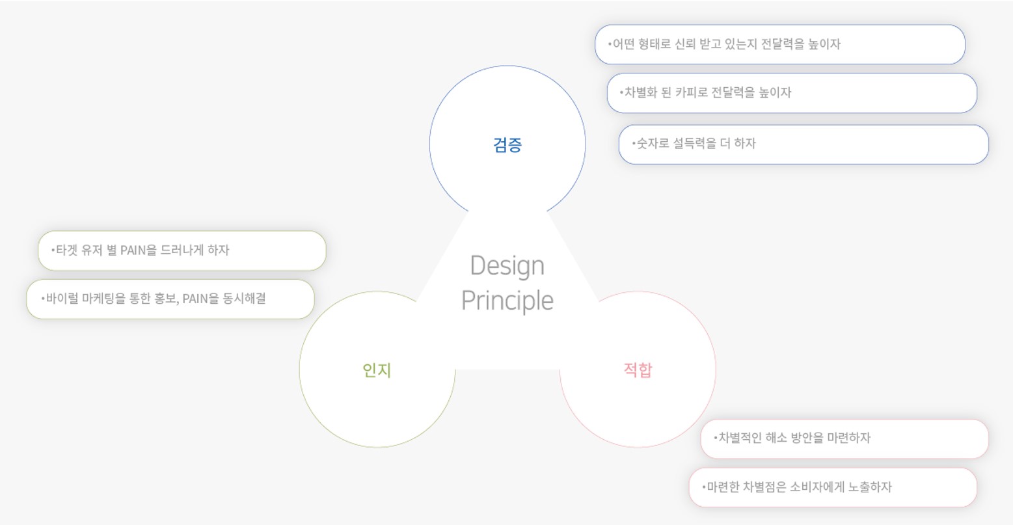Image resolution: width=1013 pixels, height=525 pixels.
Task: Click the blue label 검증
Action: coord(507,145)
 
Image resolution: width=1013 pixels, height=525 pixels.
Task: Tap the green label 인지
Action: coord(377,370)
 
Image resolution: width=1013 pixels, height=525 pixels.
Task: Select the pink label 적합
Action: coord(638,370)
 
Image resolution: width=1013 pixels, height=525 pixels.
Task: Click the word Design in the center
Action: coord(507,266)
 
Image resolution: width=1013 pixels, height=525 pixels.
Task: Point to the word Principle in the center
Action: coord(507,301)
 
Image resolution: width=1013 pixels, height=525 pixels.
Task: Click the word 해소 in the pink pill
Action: coord(776,438)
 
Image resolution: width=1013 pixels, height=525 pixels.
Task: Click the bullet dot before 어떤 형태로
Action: coord(610,44)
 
